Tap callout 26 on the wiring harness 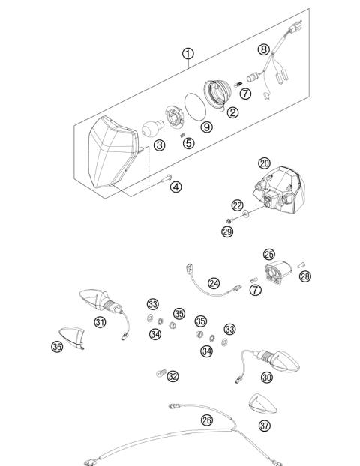click(x=206, y=420)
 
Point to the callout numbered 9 click(x=206, y=127)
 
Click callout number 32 click(x=173, y=376)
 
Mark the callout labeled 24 click(x=214, y=283)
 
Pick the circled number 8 click(x=262, y=50)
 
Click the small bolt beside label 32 click(x=158, y=372)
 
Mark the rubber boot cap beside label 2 click(x=222, y=92)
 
